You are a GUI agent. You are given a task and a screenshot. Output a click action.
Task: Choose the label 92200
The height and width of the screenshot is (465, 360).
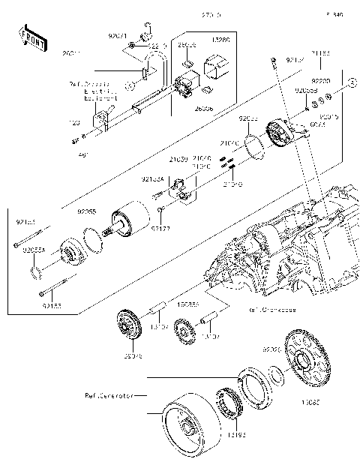[x=320, y=79]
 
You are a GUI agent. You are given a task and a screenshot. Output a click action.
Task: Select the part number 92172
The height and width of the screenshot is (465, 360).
[x=160, y=228]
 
